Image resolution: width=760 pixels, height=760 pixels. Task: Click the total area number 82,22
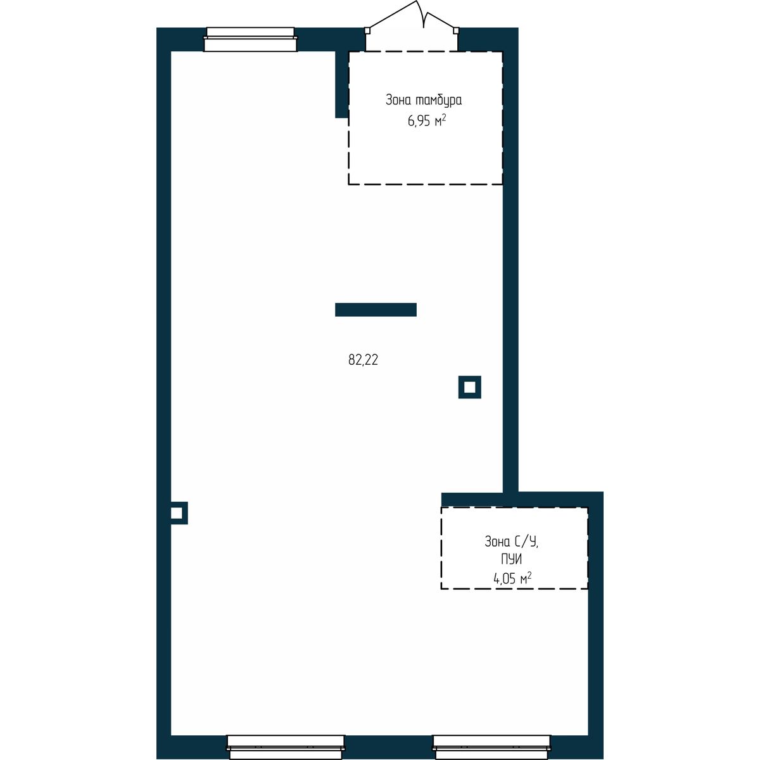click(363, 360)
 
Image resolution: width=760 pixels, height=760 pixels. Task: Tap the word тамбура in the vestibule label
click(438, 100)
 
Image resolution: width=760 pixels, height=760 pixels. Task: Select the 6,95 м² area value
click(427, 120)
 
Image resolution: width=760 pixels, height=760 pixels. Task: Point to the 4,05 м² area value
click(512, 578)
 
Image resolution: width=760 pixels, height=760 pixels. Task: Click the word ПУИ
click(511, 559)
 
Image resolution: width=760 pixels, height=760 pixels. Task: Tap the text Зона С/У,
click(511, 542)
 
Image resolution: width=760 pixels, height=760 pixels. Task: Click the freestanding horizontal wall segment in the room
click(376, 310)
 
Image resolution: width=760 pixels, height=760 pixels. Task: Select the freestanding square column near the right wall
click(469, 387)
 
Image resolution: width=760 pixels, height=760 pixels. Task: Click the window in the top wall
click(250, 39)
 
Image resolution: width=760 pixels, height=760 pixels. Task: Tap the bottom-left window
click(286, 747)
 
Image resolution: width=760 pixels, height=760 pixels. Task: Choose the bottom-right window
click(491, 747)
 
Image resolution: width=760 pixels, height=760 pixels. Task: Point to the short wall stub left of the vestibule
click(341, 84)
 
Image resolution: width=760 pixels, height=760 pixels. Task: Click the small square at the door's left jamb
click(367, 30)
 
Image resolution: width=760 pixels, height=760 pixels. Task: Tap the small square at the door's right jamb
click(456, 30)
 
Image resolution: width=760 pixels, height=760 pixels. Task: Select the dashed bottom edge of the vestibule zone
click(425, 184)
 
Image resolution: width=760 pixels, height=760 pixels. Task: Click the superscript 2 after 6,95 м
click(444, 117)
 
